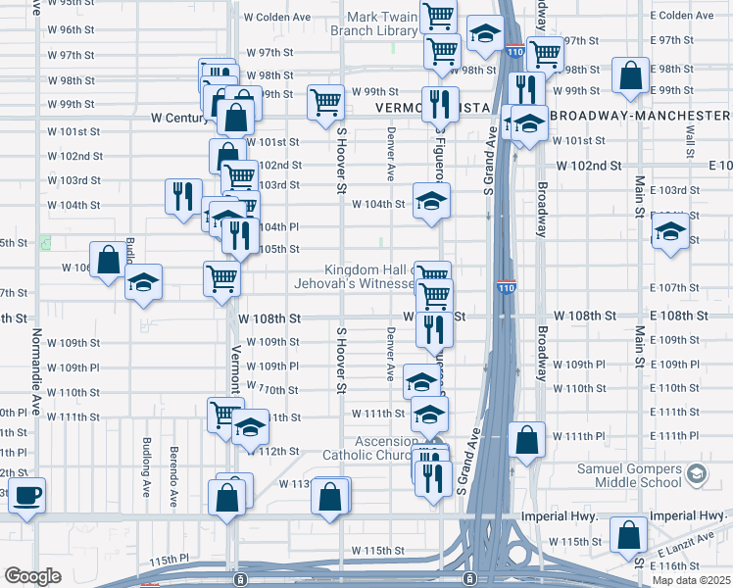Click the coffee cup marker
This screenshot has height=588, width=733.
tap(28, 495)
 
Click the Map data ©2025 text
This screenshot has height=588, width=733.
tap(692, 580)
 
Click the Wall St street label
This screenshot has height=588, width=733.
tap(691, 145)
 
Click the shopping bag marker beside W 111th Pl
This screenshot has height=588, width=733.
tap(527, 441)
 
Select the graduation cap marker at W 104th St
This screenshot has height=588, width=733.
tap(429, 202)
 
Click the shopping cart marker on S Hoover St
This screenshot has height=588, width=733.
tap(324, 102)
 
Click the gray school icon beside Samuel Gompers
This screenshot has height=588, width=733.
tap(696, 475)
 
